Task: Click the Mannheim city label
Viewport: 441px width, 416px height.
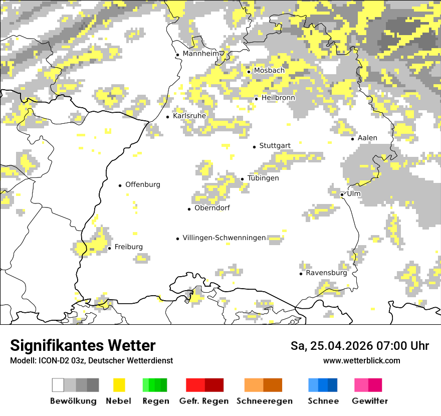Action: [201, 54]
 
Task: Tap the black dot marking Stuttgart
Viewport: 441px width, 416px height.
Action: [254, 147]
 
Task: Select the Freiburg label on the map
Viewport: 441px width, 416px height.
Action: [128, 247]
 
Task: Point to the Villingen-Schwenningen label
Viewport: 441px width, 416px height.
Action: [224, 238]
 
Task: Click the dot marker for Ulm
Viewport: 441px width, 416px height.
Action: [342, 194]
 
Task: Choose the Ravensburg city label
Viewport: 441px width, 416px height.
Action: [326, 273]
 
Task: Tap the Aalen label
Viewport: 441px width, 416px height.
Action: [367, 138]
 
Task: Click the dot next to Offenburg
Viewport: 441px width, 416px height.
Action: [120, 185]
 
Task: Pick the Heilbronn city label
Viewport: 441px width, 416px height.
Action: [278, 98]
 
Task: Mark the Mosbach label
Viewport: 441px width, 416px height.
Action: [269, 71]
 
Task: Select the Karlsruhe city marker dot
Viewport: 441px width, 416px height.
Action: [168, 117]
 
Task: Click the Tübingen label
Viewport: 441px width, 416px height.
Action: [263, 178]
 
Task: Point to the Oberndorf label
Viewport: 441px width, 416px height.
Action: [212, 208]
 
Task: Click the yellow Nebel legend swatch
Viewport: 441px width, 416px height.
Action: [119, 385]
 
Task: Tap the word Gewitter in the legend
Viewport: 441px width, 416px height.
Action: [369, 401]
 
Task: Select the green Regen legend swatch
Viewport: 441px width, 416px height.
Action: [155, 385]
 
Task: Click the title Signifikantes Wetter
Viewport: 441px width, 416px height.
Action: [83, 345]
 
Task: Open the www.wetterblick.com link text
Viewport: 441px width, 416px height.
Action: [361, 360]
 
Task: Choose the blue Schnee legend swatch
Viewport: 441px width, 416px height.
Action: [323, 385]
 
